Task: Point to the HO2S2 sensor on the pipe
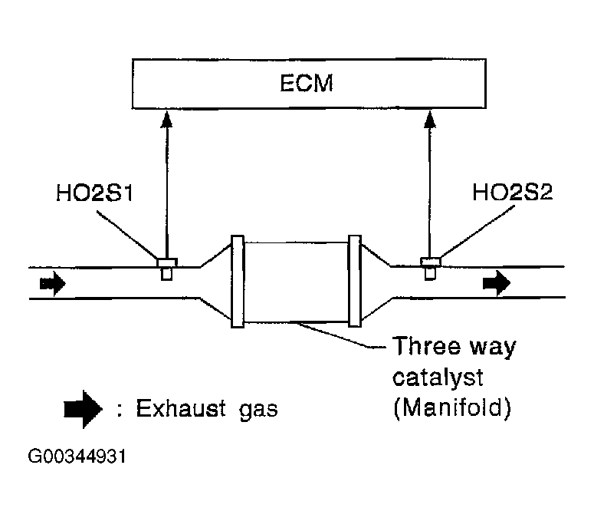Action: [x=431, y=268]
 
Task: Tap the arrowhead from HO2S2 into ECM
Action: [x=430, y=116]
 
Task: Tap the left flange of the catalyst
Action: [x=237, y=282]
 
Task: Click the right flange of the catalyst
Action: [x=354, y=282]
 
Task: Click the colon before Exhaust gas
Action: [x=121, y=409]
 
